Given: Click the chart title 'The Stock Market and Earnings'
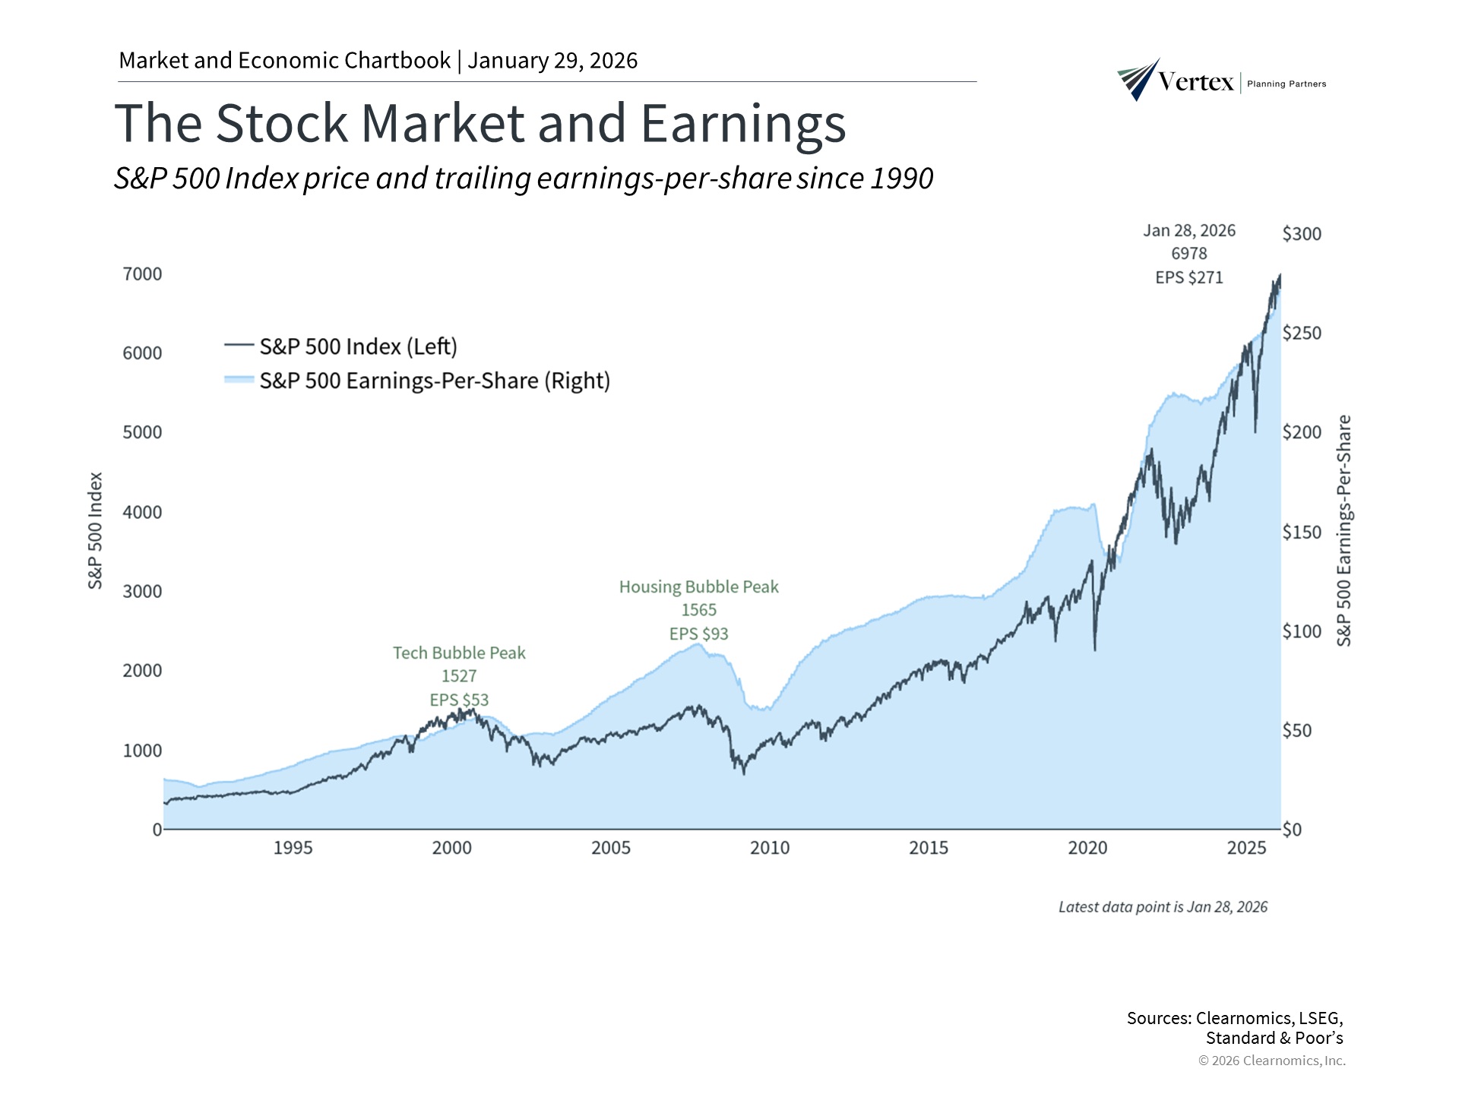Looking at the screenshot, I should point(479,123).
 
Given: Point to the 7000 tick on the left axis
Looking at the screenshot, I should point(142,274).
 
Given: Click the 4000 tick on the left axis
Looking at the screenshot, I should point(142,512).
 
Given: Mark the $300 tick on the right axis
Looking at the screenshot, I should point(1302,234).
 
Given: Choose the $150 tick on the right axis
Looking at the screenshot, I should point(1302,532).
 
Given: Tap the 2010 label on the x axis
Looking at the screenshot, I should point(770,848).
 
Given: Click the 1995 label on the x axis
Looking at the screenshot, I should point(293,848).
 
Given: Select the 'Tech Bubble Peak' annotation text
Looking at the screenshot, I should point(459,653).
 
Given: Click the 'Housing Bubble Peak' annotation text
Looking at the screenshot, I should point(698,587).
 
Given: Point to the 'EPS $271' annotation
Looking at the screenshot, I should point(1189,278).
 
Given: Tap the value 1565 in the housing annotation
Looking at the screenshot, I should point(698,610).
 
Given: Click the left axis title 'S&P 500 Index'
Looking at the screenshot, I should point(95,530).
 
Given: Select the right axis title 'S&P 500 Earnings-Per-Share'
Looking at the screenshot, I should point(1344,530).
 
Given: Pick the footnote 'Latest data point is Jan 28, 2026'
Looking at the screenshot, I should point(1163,907).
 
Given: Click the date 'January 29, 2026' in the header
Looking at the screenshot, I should point(552,61).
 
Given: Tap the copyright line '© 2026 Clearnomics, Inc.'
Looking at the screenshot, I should point(1271,1061).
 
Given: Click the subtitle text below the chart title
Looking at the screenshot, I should point(524,179).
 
